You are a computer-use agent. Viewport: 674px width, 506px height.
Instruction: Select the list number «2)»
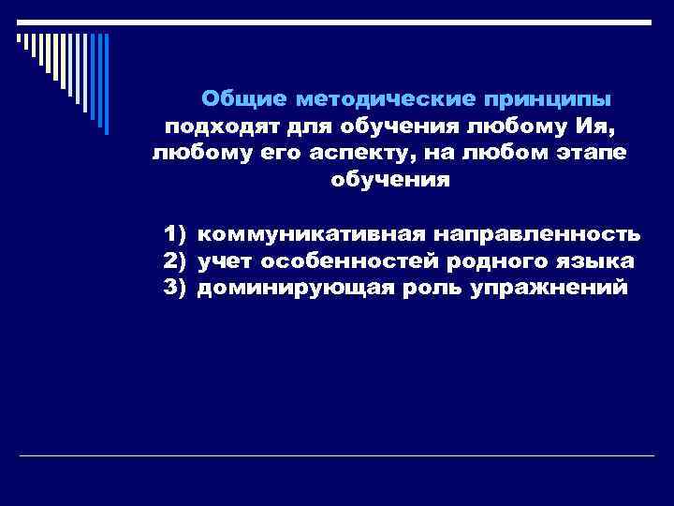click(175, 260)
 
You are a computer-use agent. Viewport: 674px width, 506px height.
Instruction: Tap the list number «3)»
click(175, 287)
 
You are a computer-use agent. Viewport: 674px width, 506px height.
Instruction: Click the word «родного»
click(505, 260)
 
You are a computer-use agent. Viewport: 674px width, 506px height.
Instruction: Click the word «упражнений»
click(550, 287)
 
